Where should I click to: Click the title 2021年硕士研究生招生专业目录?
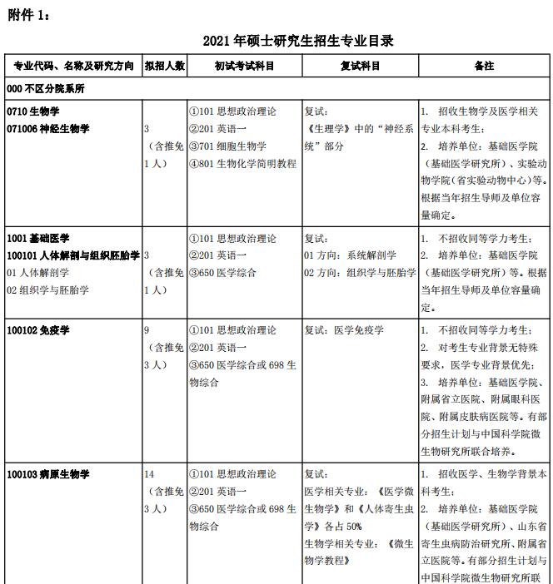[297, 40]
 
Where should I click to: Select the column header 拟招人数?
[165, 67]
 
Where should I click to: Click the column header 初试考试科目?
[243, 67]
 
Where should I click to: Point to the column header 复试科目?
[360, 67]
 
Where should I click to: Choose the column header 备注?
[483, 67]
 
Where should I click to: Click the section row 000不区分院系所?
[46, 88]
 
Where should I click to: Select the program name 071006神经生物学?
[47, 129]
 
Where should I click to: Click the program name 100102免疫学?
[38, 330]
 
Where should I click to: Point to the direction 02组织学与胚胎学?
[47, 290]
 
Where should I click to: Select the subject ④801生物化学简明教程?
[242, 164]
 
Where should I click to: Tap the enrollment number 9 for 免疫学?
[147, 330]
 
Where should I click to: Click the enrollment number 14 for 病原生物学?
[150, 474]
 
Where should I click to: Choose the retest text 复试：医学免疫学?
[344, 330]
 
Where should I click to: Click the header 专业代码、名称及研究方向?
[72, 67]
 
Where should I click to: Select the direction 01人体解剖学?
[37, 273]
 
